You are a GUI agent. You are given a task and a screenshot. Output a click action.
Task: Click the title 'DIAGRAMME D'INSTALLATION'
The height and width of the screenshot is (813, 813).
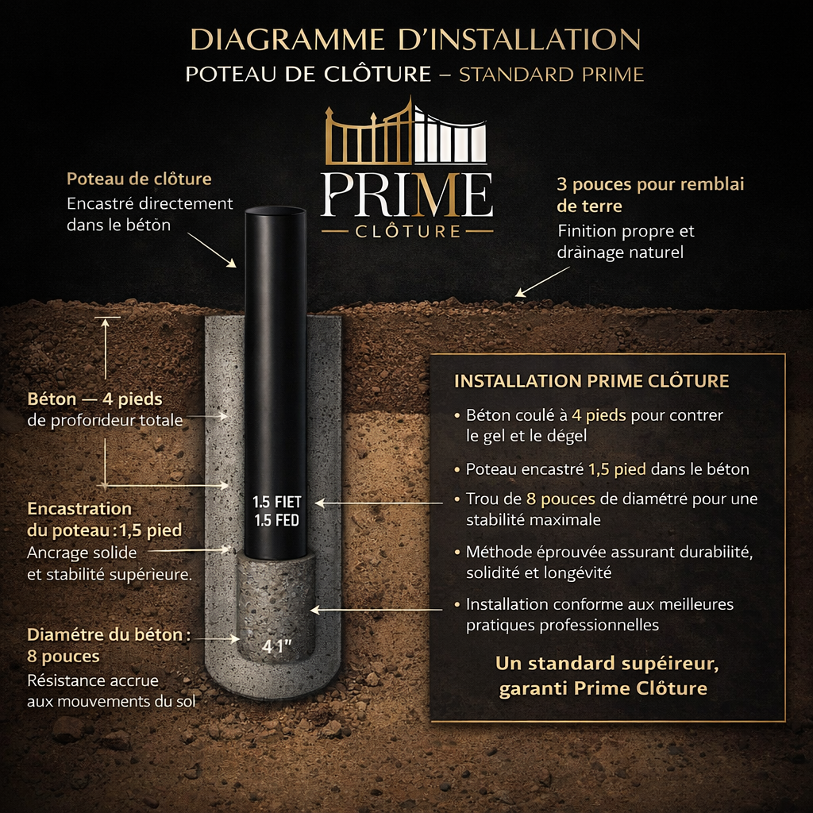415,40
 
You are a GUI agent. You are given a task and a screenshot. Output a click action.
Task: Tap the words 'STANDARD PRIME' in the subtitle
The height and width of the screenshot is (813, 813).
551,75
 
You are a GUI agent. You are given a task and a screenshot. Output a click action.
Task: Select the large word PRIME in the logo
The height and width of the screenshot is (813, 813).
406,195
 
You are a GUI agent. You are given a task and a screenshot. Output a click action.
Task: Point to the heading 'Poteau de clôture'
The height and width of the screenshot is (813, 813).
139,179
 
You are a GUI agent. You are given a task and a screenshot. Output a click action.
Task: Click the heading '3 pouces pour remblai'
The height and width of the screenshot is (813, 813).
651,184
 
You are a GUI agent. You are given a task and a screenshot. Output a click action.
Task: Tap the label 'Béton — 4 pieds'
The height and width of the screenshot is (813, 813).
95,399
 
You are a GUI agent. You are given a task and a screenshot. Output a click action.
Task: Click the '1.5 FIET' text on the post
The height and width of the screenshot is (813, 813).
277,502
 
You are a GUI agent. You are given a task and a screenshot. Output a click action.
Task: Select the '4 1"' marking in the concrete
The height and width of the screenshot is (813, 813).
276,646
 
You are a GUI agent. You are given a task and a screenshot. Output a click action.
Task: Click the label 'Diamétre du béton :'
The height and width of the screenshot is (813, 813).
109,634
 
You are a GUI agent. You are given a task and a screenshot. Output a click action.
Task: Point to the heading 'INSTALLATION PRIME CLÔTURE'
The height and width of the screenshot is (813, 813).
591,381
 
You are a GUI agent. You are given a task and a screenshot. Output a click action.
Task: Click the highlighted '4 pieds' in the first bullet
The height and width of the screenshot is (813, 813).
599,414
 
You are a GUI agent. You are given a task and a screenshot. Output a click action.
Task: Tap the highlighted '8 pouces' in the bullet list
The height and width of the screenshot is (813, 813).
561,499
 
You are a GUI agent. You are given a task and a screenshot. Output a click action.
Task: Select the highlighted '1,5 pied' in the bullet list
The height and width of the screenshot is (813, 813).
617,469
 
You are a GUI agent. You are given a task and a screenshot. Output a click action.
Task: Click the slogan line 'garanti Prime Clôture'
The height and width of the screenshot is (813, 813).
603,688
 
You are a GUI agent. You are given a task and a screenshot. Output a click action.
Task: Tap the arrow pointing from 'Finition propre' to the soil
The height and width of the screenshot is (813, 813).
542,282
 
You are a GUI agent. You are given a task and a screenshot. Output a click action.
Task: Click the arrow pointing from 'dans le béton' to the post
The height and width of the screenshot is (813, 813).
211,250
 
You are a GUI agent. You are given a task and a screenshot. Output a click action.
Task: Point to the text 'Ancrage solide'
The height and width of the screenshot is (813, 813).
82,553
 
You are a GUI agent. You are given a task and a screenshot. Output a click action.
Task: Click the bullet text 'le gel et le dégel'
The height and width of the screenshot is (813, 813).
526,436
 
